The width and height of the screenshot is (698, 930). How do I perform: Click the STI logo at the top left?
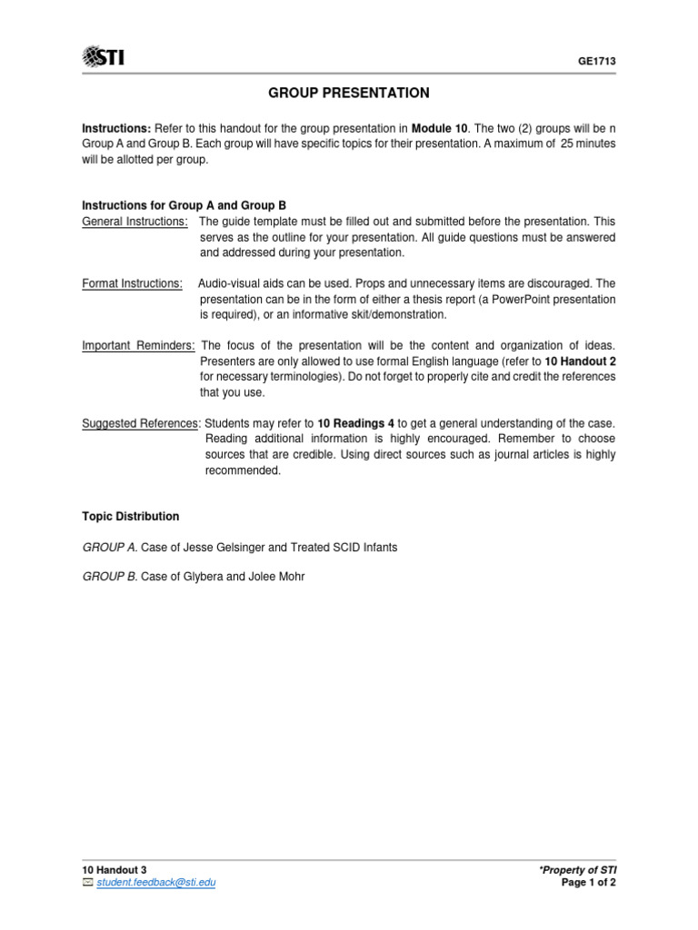104,59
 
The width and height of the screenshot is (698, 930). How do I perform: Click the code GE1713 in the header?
597,61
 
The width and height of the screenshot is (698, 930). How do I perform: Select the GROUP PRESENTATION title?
349,94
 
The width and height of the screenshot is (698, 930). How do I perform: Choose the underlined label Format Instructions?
132,283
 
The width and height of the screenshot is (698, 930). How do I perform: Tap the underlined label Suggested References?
140,423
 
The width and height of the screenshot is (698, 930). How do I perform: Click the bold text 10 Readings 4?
355,423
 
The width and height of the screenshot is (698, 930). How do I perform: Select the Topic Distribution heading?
131,516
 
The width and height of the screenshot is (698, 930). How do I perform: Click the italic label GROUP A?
109,548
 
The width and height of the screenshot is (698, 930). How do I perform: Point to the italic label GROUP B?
109,576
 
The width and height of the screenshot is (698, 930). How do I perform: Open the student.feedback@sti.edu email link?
156,882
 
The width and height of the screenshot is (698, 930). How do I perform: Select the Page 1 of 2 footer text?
589,882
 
